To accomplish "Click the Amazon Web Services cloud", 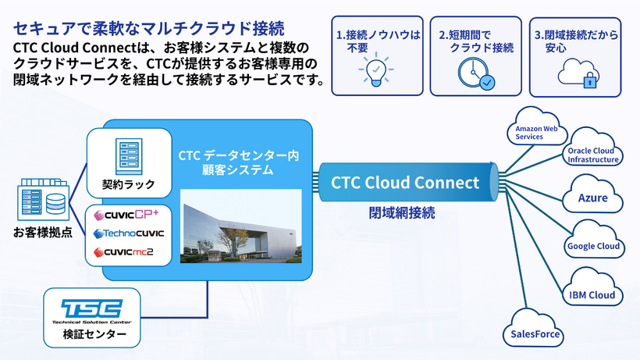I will click(x=535, y=130).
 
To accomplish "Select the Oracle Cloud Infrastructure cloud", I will click(x=593, y=153).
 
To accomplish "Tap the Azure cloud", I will click(x=592, y=197).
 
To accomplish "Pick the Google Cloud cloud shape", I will click(x=593, y=245).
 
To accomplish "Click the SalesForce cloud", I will click(x=535, y=333).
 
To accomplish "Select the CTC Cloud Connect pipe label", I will click(x=404, y=183).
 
